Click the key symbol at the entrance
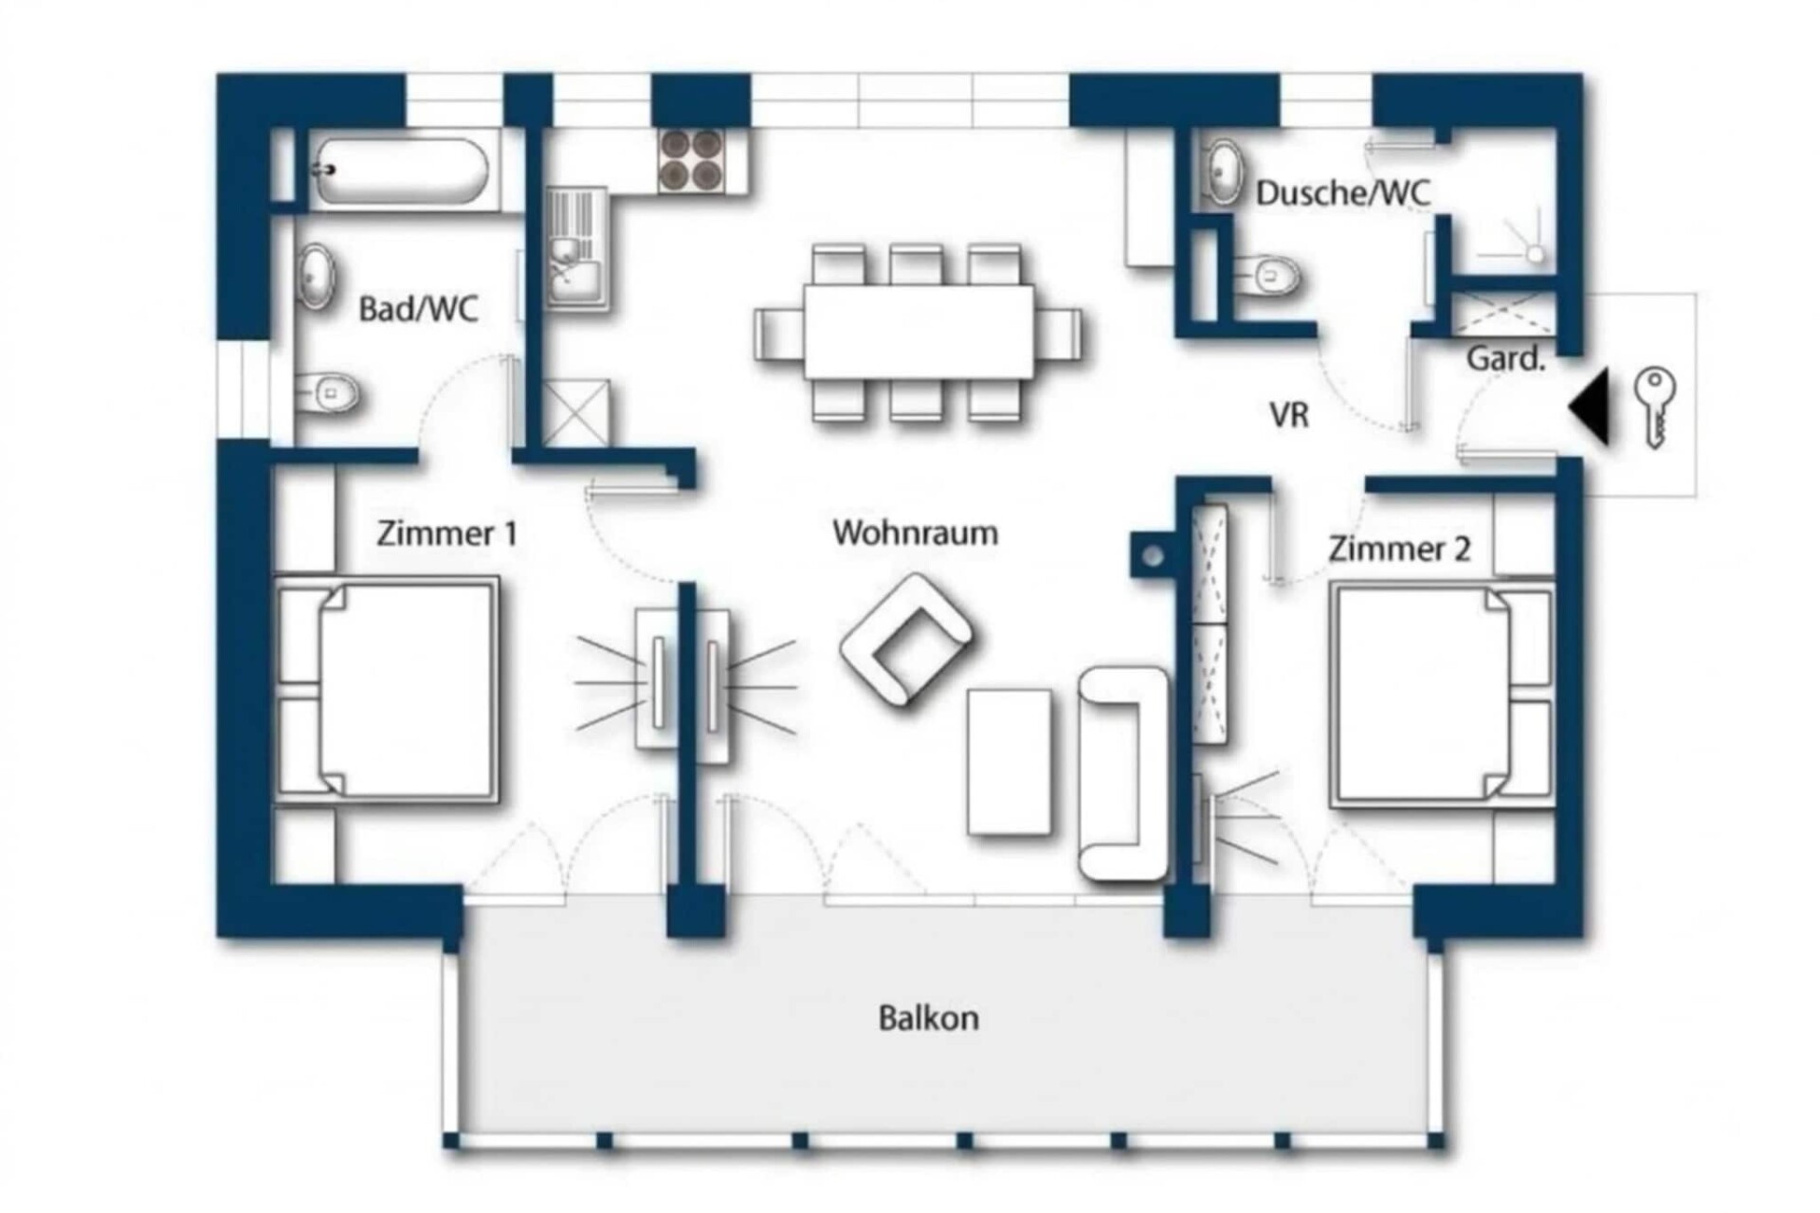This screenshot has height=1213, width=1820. click(x=1655, y=407)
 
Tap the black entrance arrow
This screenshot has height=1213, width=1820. click(x=1590, y=407)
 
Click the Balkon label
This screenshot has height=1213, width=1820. click(x=928, y=1018)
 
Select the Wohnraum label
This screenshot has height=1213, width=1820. click(x=915, y=533)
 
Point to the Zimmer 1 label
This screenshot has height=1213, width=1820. click(x=446, y=534)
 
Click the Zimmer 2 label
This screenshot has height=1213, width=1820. click(x=1399, y=549)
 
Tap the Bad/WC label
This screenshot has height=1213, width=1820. click(x=418, y=309)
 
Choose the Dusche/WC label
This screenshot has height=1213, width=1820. click(x=1343, y=192)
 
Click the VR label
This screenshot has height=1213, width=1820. click(x=1289, y=414)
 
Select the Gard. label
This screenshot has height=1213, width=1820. click(x=1505, y=358)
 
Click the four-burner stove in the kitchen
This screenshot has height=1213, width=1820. click(x=691, y=159)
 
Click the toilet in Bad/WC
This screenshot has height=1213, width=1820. click(x=326, y=391)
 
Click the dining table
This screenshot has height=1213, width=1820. click(x=919, y=331)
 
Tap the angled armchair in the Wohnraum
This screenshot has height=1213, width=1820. click(x=905, y=640)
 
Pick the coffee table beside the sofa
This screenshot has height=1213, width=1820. click(x=1010, y=762)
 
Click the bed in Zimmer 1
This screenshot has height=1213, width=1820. click(x=386, y=693)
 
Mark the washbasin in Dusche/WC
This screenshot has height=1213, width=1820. click(x=1223, y=172)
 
